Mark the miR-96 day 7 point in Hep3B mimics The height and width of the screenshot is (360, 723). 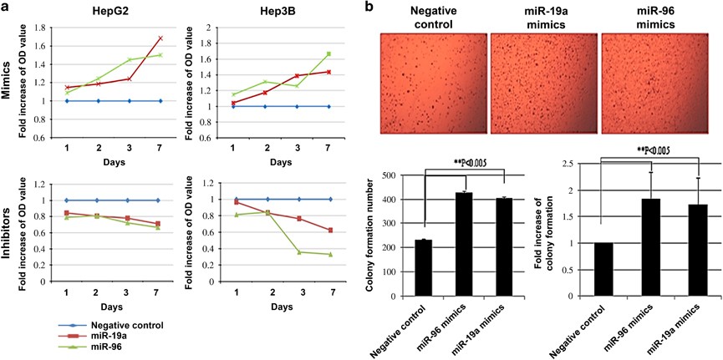coord(329,54)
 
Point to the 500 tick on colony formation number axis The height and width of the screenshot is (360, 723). coord(395,175)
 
